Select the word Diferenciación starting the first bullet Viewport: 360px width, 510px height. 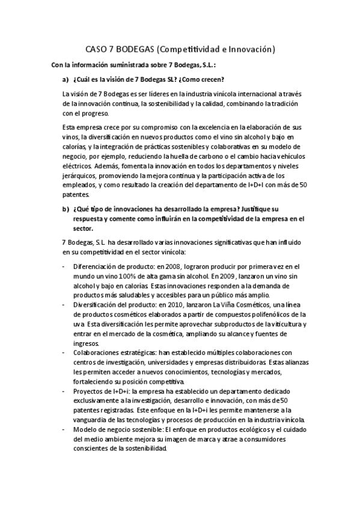[x=95, y=265]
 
